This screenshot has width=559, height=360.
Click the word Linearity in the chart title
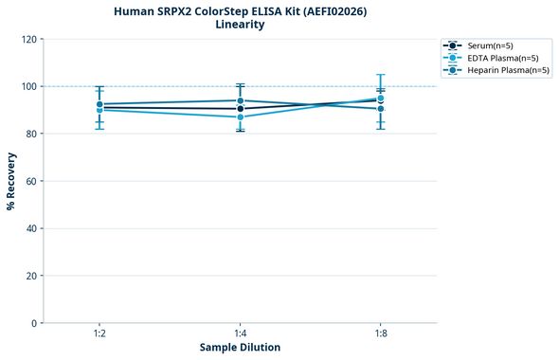240,25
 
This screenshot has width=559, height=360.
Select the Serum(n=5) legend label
490,45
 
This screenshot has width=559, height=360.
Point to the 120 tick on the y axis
29,39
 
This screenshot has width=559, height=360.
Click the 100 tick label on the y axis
29,86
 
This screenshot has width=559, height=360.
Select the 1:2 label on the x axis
99,333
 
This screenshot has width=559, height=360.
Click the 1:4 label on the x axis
240,333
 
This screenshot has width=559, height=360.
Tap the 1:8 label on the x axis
380,333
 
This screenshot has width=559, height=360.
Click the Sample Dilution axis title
240,348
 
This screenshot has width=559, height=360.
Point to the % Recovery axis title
11,181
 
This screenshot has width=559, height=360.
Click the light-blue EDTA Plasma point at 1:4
240,117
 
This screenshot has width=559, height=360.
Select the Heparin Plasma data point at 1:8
380,109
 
